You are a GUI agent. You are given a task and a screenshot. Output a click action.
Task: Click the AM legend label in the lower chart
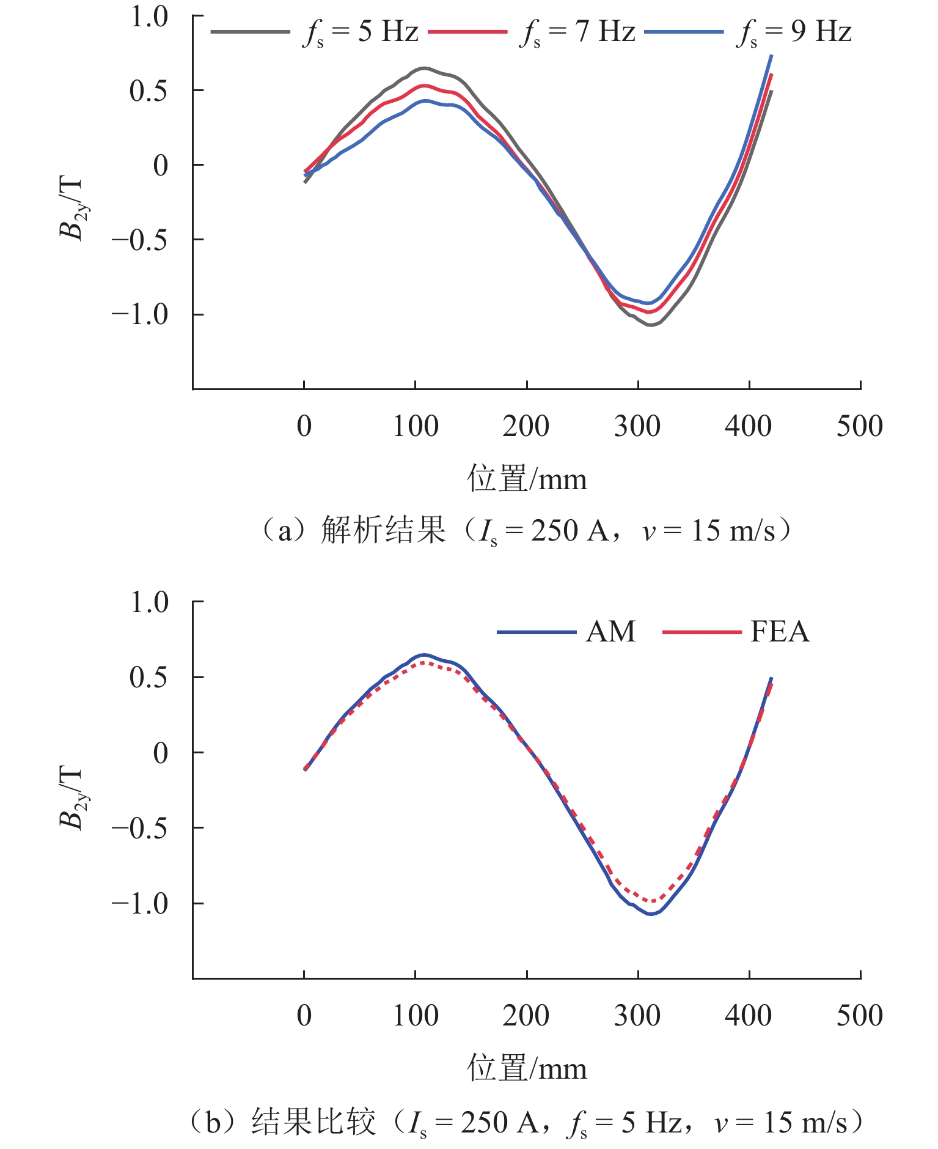[x=610, y=632]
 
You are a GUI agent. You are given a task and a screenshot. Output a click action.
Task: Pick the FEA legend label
[x=780, y=632]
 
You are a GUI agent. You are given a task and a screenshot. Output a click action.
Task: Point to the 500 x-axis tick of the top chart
[x=859, y=426]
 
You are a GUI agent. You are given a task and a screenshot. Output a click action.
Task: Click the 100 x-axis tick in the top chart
[x=416, y=426]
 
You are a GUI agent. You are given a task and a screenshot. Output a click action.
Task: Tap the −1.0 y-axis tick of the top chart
[x=139, y=315]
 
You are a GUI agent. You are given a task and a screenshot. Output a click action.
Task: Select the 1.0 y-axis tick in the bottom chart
[x=149, y=602]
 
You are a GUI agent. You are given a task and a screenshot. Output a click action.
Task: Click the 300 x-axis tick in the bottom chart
[x=637, y=1016]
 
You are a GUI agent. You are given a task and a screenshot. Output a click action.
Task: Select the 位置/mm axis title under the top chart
[x=527, y=479]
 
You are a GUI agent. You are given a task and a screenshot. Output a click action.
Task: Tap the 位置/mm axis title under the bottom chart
[x=527, y=1068]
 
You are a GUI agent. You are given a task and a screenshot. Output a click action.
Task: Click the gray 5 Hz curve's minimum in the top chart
[x=651, y=325]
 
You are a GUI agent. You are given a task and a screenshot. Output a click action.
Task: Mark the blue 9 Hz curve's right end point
[x=772, y=56]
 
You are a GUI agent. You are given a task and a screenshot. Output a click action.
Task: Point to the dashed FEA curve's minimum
[x=652, y=901]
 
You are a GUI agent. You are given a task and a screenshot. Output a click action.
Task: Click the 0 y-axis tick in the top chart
[x=161, y=165]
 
